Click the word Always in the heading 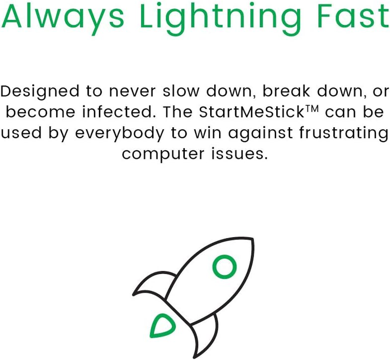[x=63, y=17]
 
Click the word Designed [x=40, y=91]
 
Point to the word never [x=134, y=91]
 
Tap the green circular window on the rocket [x=224, y=267]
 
